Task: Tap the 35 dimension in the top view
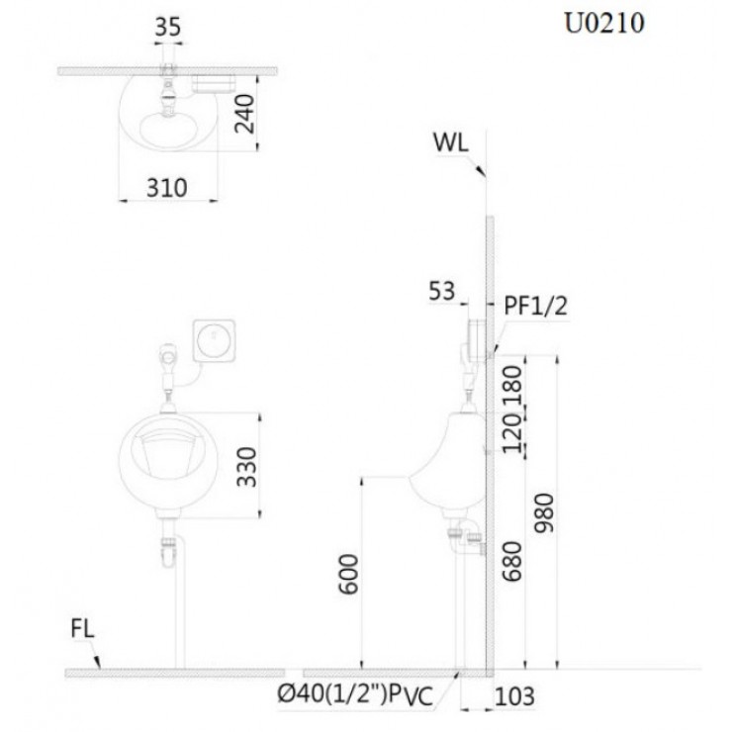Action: [167, 28]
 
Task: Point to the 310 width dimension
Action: [167, 186]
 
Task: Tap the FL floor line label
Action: [84, 629]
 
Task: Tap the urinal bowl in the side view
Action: [449, 460]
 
